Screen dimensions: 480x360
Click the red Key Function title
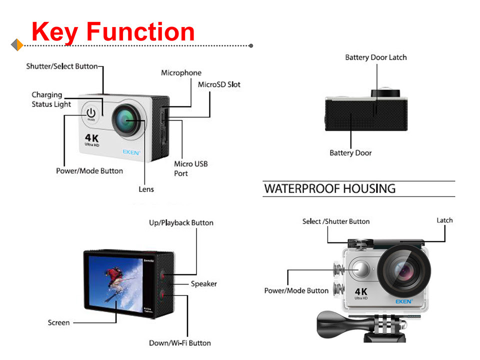pos(113,32)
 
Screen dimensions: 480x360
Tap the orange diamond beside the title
pos(17,44)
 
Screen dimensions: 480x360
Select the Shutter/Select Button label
pos(62,66)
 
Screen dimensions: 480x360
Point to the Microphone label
pos(181,73)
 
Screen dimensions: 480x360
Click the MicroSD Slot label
pos(219,84)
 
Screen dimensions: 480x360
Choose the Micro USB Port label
pos(190,168)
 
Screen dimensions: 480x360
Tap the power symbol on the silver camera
pos(91,113)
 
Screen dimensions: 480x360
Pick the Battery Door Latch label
pos(376,57)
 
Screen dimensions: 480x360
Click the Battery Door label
pos(350,153)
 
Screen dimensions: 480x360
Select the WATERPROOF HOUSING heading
pos(329,188)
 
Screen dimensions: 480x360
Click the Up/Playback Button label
pos(181,223)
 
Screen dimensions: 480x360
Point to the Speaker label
pos(204,284)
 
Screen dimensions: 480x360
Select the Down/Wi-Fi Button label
pos(180,343)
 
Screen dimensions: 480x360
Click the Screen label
pos(59,322)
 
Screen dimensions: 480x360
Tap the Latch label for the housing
pos(444,220)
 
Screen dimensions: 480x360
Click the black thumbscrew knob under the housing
pos(332,323)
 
